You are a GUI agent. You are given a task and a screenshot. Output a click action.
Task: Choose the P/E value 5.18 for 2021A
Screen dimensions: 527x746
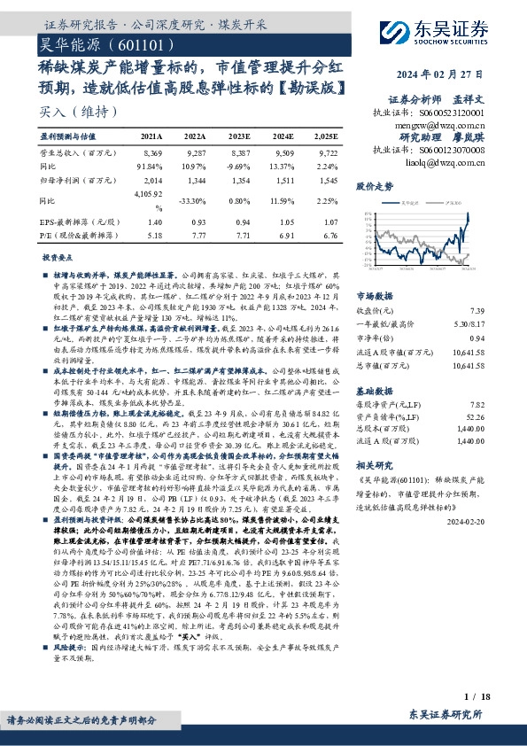point(154,237)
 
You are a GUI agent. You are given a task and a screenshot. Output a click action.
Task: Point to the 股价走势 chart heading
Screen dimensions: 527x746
point(375,187)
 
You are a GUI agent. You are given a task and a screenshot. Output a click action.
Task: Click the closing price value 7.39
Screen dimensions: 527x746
point(501,311)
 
